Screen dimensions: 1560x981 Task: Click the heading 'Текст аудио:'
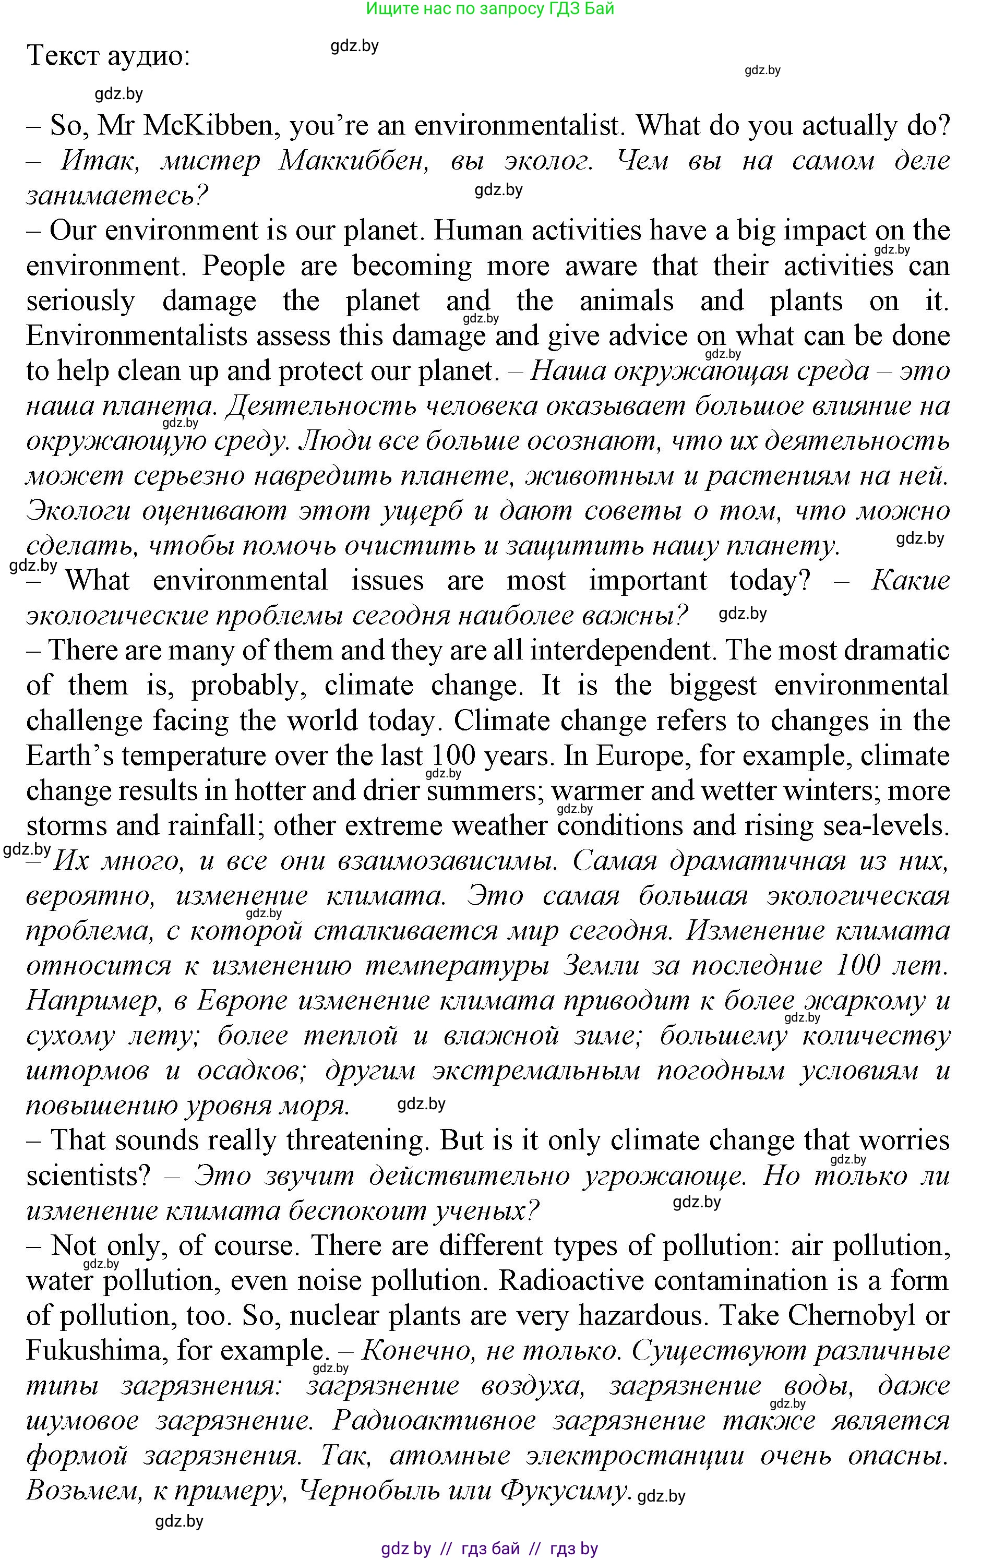tap(108, 56)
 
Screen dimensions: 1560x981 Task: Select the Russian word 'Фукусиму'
tap(566, 1490)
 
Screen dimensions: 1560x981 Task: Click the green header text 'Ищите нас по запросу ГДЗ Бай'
tap(490, 8)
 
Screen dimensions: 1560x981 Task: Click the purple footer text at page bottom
tap(489, 1549)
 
